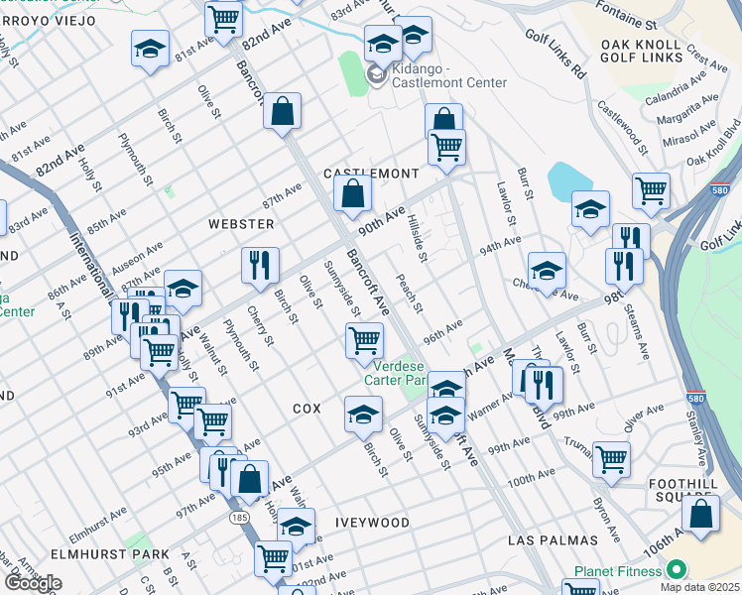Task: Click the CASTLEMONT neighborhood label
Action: pos(371,174)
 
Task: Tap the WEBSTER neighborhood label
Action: pos(240,224)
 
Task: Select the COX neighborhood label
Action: pos(308,409)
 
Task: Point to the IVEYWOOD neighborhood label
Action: pos(372,522)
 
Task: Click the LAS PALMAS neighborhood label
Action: pos(553,540)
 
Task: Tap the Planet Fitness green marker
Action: pos(677,570)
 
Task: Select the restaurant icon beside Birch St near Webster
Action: pos(260,265)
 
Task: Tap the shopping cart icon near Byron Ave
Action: pos(611,458)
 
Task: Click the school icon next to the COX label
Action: pos(364,413)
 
